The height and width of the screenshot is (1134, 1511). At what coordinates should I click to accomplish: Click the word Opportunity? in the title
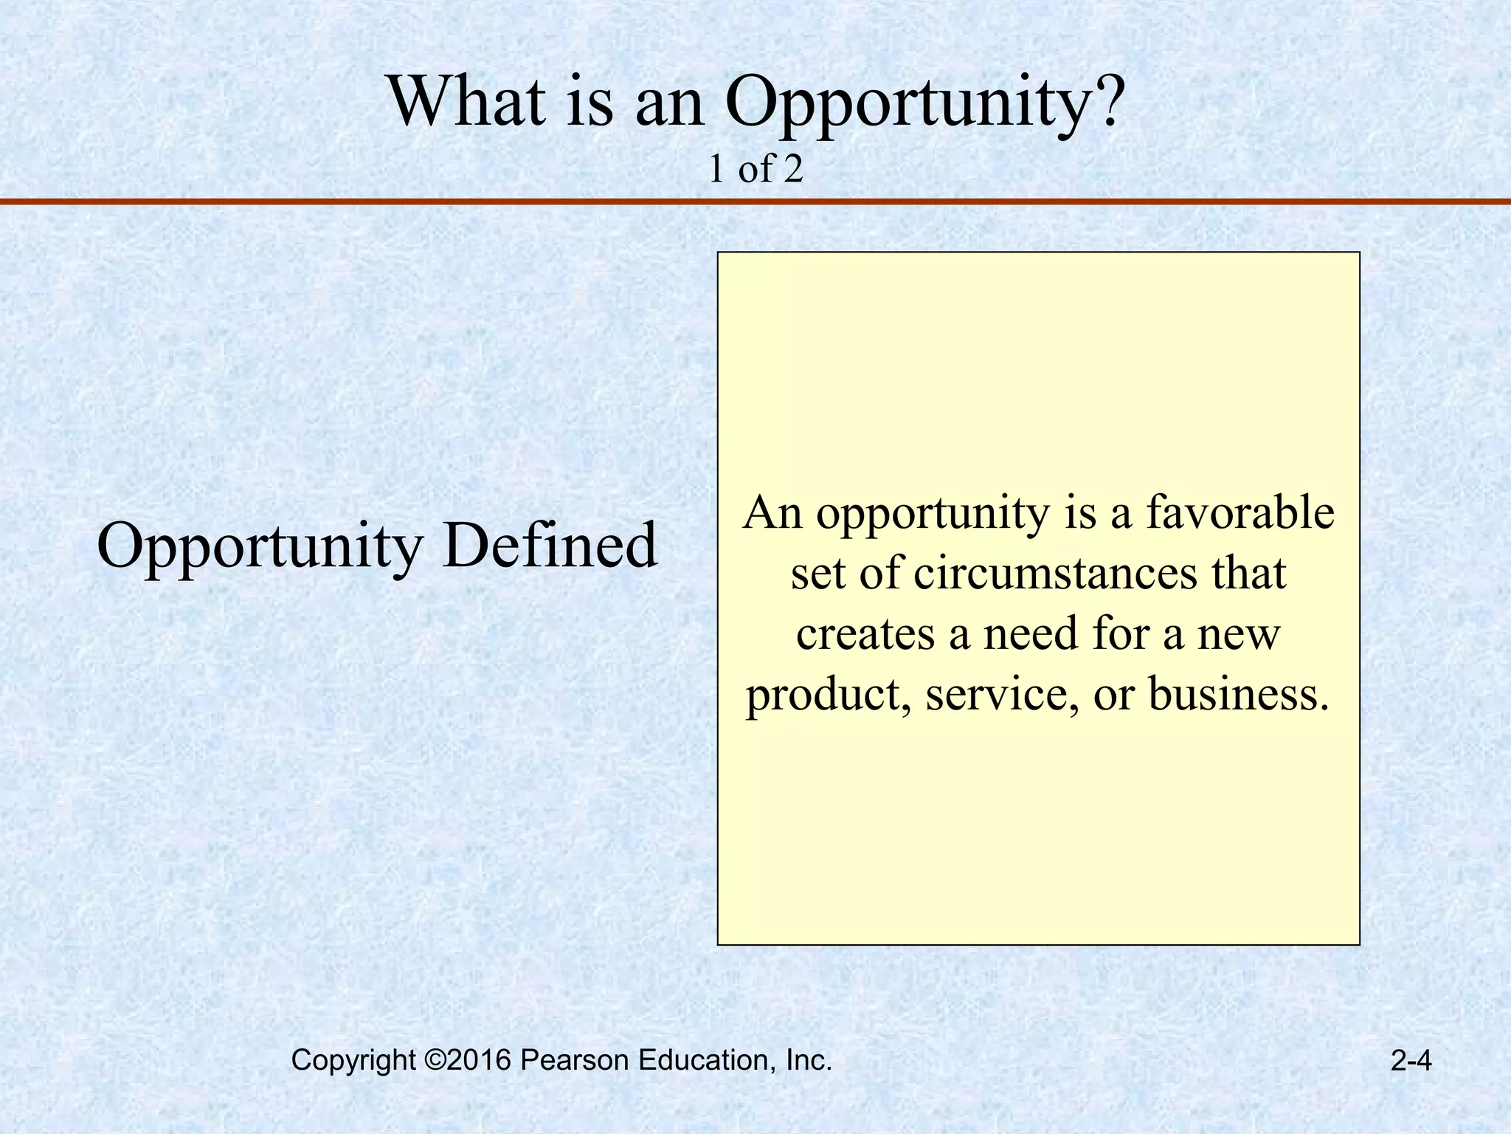tap(924, 103)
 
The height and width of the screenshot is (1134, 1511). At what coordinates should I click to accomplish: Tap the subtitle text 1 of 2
tap(755, 170)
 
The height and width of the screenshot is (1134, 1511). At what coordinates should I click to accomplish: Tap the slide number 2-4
tap(1411, 1061)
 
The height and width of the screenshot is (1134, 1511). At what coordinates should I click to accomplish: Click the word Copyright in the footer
tap(353, 1061)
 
